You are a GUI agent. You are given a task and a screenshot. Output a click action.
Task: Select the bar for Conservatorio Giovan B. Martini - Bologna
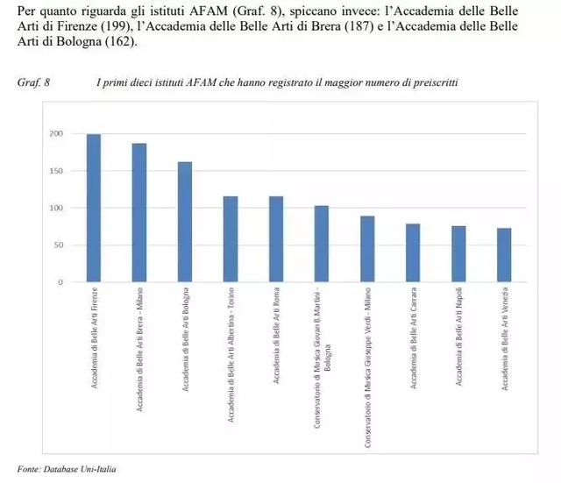322,245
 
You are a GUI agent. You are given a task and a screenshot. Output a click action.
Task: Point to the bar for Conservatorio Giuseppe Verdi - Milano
367,250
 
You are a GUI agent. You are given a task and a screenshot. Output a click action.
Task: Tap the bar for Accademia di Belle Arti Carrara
413,253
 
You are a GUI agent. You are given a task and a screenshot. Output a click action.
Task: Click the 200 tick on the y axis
56,134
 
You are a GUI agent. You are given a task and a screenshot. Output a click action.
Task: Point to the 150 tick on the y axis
56,171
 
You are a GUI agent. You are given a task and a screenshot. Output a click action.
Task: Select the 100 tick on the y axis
56,209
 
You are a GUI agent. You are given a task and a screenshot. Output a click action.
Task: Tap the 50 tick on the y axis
58,245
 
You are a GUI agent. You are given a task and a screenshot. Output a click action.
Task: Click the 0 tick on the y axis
60,282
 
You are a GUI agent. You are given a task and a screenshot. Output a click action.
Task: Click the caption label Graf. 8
33,82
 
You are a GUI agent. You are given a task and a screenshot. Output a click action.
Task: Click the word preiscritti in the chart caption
435,82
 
